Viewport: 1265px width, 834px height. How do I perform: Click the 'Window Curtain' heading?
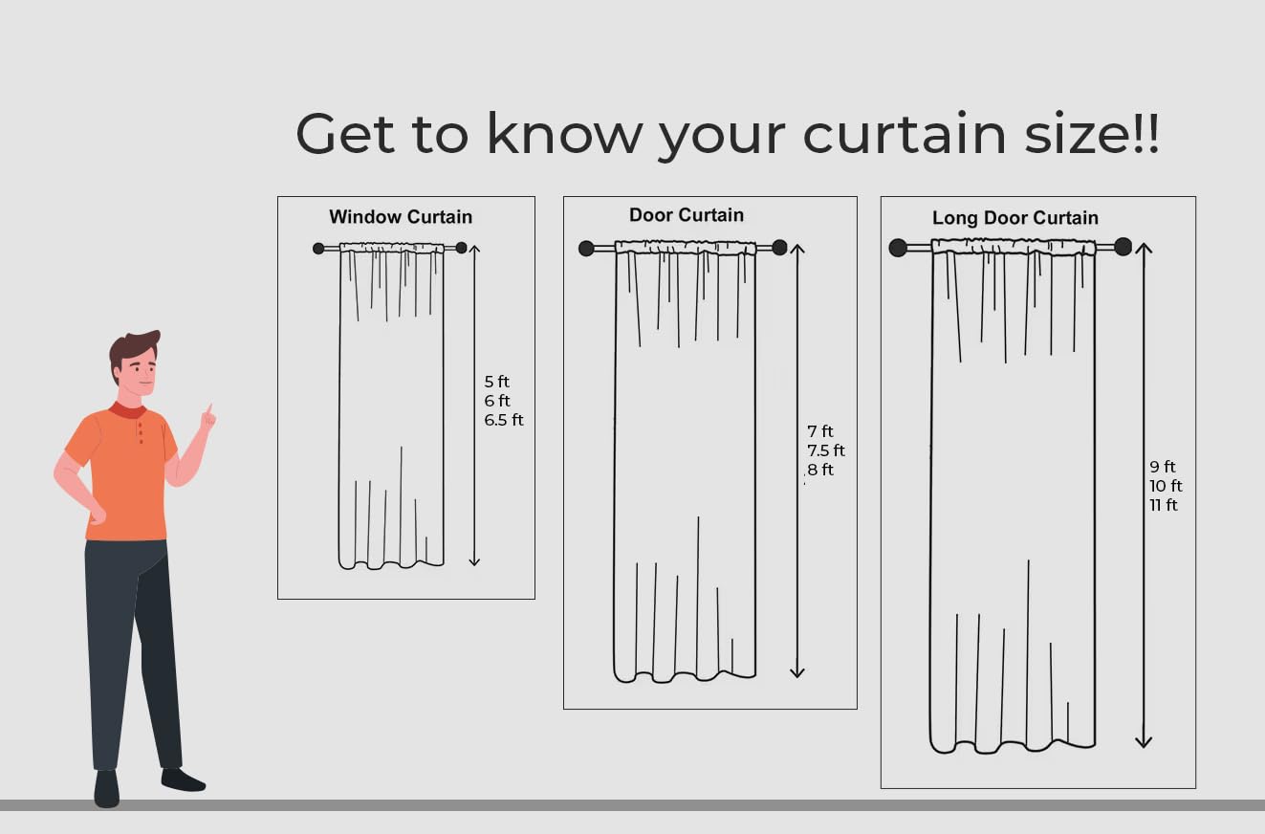(x=401, y=217)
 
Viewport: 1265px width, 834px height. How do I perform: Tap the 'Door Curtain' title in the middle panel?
(x=687, y=215)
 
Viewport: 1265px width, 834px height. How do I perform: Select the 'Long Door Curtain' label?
(x=1014, y=217)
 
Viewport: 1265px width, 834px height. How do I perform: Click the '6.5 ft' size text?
(x=503, y=420)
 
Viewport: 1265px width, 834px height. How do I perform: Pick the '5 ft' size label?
(x=496, y=382)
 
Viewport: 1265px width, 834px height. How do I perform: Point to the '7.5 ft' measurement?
(x=825, y=450)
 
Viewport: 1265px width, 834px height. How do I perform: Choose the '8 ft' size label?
(x=820, y=470)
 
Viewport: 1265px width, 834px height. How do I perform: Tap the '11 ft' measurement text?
(x=1164, y=505)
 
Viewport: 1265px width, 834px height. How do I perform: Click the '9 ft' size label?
(x=1163, y=467)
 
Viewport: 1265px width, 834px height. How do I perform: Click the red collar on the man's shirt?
(x=127, y=409)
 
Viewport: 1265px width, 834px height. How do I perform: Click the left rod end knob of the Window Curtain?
(x=318, y=248)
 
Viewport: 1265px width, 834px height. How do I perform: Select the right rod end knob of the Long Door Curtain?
(x=1123, y=247)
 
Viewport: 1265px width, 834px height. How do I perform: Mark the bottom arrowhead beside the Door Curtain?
(x=797, y=671)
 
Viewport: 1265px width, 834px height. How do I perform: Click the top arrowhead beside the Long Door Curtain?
(x=1144, y=249)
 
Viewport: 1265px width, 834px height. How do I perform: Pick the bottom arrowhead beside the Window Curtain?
(x=474, y=560)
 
